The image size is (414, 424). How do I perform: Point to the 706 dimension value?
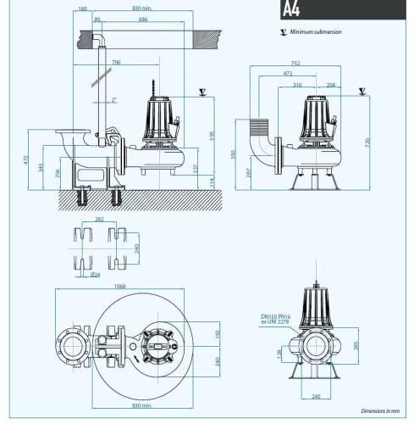(116, 62)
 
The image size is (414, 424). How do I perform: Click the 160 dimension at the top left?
(81, 9)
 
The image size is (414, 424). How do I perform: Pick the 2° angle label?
(114, 100)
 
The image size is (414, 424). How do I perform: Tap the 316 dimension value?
(296, 86)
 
